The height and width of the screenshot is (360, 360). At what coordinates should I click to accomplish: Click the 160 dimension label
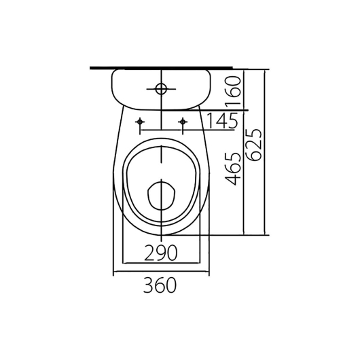233,92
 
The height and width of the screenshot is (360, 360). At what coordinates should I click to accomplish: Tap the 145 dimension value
222,120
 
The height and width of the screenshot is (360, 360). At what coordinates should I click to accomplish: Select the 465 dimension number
233,168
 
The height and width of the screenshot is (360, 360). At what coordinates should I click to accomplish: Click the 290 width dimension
161,253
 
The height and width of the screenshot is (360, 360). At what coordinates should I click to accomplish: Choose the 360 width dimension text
160,285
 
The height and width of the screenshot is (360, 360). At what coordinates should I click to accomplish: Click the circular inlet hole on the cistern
161,88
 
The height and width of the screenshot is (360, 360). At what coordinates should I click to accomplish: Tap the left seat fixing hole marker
140,122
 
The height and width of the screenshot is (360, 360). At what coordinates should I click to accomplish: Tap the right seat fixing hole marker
183,122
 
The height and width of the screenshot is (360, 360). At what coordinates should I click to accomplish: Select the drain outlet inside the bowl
162,196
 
